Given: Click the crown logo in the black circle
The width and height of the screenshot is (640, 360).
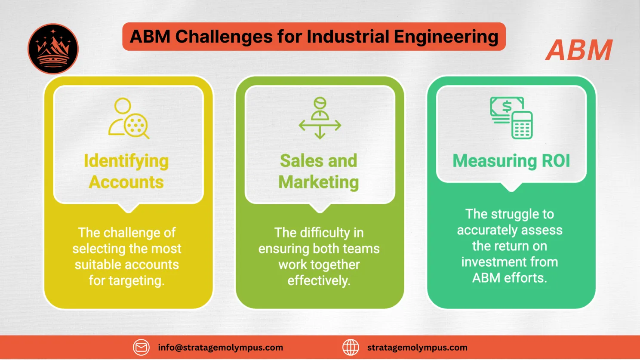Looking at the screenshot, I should coord(53,49).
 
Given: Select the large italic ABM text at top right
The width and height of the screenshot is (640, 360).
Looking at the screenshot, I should coord(579,50).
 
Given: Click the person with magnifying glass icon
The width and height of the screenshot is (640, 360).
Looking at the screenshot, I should coord(128,118).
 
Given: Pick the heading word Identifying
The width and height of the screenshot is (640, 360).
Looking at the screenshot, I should coord(126,161).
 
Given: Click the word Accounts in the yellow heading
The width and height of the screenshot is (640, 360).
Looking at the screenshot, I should coord(126,182).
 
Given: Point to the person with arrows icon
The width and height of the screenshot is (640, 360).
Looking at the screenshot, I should coord(320,118).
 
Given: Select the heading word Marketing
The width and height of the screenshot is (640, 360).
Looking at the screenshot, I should coord(319,182).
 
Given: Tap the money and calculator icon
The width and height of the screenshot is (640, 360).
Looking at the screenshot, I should coord(511,117).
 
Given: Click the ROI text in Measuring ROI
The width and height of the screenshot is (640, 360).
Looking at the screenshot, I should coord(556,161).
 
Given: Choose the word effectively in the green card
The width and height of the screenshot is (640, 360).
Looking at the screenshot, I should coord(319,281).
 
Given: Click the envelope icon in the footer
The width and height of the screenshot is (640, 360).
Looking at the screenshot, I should coord(141,348).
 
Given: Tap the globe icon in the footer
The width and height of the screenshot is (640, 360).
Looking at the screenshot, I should coord(351,348).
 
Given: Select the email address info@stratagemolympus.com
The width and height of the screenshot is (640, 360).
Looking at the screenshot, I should coord(220,348).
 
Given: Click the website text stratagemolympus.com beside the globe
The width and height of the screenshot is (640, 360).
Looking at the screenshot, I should coord(417,348).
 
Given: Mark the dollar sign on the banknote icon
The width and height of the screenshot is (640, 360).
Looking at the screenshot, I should coord(507,106).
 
